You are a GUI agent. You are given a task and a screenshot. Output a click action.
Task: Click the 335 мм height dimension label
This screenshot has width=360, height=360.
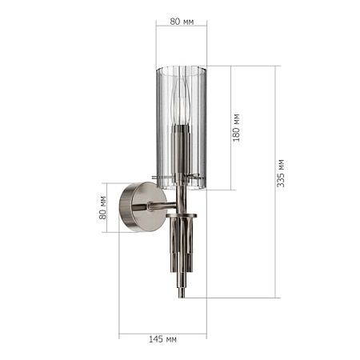point(281,174)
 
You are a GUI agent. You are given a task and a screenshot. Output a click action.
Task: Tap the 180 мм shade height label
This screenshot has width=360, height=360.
point(236,127)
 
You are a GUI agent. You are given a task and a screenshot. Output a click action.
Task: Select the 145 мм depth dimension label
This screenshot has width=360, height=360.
point(162,339)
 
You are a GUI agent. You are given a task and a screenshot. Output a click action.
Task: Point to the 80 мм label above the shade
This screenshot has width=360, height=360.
point(182,22)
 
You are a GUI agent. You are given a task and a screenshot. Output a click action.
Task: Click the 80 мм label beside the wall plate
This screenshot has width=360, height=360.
point(102,208)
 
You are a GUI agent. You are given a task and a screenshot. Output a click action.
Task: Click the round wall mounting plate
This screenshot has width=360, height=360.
point(142,206)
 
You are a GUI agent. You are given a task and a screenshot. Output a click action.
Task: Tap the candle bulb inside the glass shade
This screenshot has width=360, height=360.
point(181,102)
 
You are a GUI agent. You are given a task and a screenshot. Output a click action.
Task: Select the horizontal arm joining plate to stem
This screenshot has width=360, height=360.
point(162,206)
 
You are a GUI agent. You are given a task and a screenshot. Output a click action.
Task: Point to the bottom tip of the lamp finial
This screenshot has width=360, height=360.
point(182,298)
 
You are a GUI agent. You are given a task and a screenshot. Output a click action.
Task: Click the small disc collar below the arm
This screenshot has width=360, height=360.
point(182,215)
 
